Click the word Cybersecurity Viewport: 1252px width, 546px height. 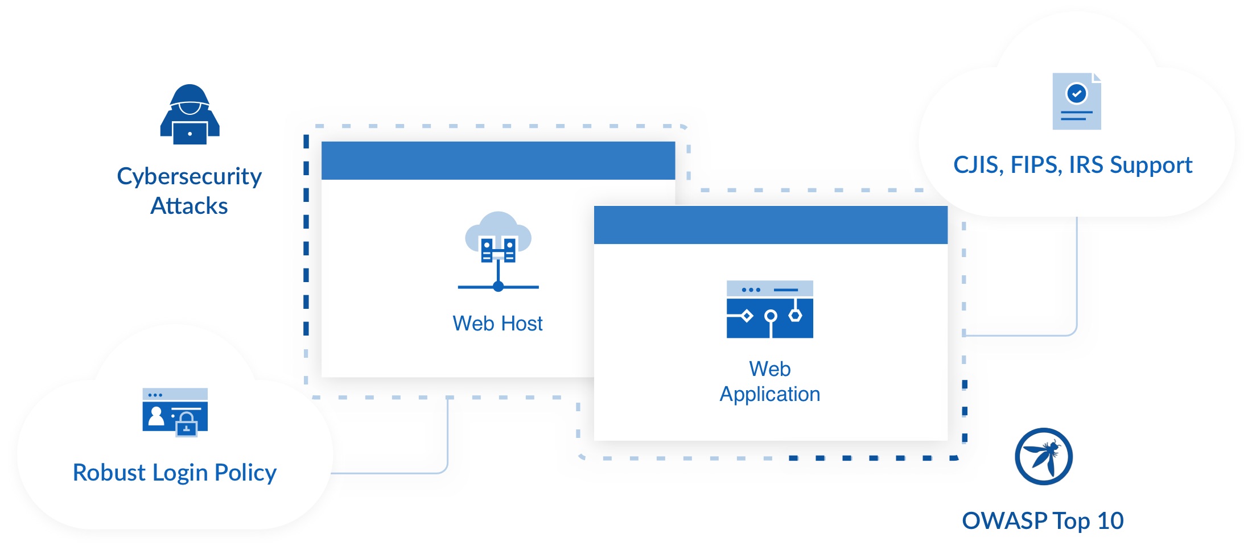pyautogui.click(x=189, y=177)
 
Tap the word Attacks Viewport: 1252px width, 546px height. pyautogui.click(x=189, y=206)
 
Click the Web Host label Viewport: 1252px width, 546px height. pyautogui.click(x=497, y=324)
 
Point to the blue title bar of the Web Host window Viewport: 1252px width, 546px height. pyautogui.click(x=498, y=161)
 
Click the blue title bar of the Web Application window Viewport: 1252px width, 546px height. pyautogui.click(x=771, y=225)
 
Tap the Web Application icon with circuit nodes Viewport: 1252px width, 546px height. pyautogui.click(x=769, y=309)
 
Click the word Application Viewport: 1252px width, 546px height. pyautogui.click(x=769, y=394)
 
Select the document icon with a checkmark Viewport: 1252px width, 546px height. pyautogui.click(x=1076, y=101)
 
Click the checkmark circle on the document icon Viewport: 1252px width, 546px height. pyautogui.click(x=1076, y=93)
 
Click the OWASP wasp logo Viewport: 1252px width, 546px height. pyautogui.click(x=1043, y=456)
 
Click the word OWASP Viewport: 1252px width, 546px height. pyautogui.click(x=1004, y=520)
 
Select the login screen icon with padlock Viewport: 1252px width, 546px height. pyautogui.click(x=175, y=412)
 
